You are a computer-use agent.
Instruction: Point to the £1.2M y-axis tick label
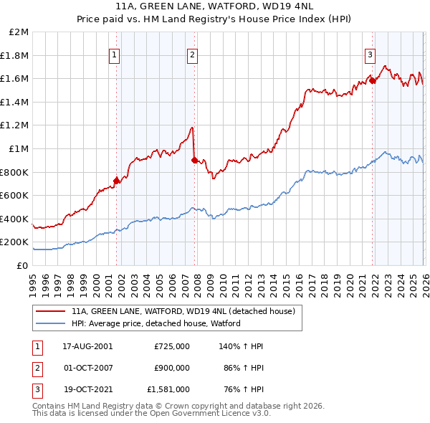(x=16, y=125)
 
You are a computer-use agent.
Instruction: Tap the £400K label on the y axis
(x=16, y=219)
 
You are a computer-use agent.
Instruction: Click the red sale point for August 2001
(x=116, y=181)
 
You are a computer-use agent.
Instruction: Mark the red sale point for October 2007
(x=193, y=161)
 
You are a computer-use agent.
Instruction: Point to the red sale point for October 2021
(x=372, y=81)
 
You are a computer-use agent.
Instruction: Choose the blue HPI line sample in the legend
(x=51, y=323)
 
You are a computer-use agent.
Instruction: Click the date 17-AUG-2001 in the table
(x=87, y=346)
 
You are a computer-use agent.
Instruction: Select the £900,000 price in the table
(x=172, y=368)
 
